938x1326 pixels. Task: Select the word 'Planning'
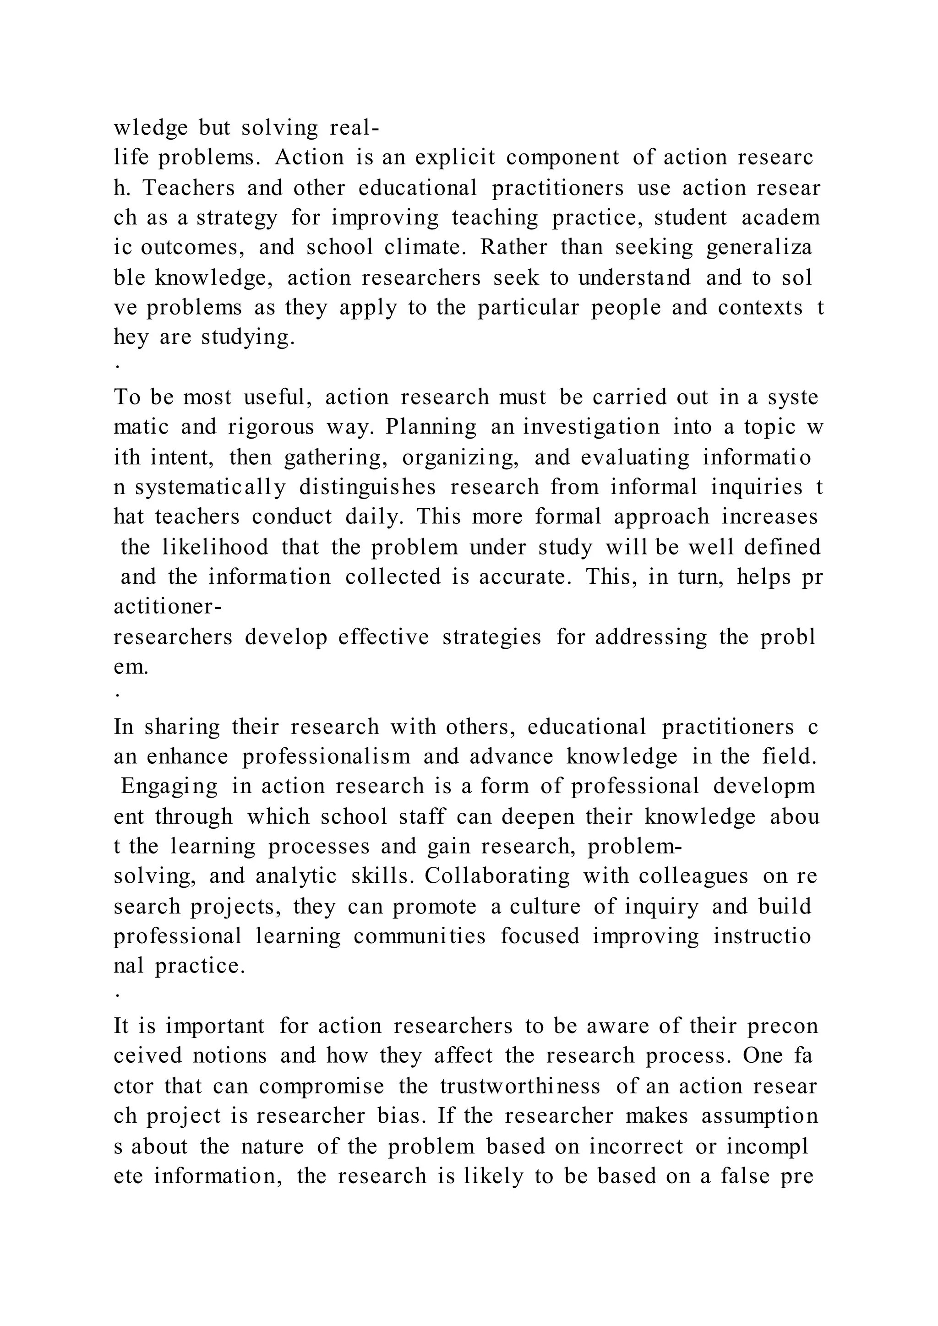[431, 427]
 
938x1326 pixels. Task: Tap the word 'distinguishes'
[367, 488]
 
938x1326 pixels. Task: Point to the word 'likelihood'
[215, 547]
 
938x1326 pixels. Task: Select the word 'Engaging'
[169, 787]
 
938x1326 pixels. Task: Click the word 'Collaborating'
[497, 876]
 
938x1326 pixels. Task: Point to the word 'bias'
[401, 1116]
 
